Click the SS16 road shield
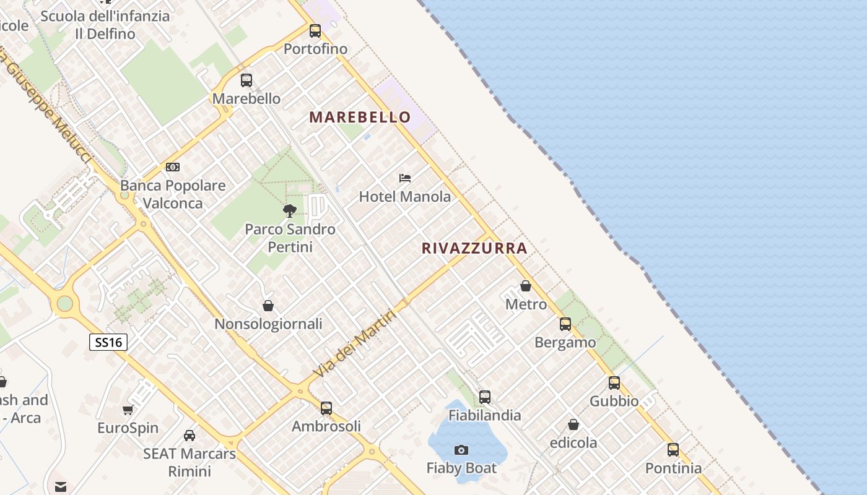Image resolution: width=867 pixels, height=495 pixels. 108,342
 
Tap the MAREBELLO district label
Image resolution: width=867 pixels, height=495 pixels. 360,117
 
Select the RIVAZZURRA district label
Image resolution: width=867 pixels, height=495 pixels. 474,248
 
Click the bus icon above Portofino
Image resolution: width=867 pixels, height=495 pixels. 315,30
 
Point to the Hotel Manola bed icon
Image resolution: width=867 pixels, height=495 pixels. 405,178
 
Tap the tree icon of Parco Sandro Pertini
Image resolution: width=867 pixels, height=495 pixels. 290,211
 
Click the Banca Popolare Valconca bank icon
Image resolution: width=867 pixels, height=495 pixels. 173,167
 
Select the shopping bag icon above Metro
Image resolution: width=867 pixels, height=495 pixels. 526,286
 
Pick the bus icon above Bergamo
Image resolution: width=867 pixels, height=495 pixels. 565,324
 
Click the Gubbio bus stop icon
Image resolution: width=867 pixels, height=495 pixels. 614,383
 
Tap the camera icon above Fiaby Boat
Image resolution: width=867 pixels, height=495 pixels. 461,450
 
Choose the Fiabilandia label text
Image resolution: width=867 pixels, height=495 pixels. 485,415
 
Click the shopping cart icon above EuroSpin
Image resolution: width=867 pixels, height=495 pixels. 128,410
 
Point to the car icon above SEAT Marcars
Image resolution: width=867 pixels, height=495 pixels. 190,436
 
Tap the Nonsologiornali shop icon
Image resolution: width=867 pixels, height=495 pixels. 268,306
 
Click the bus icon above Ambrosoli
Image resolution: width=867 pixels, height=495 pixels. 326,408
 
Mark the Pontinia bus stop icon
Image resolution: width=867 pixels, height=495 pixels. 673,450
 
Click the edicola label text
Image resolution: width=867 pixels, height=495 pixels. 573,443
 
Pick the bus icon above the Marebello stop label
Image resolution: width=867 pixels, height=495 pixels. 246,80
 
